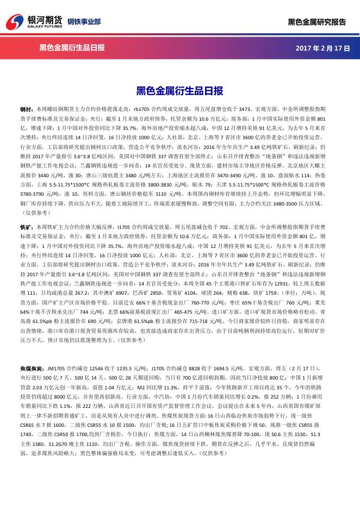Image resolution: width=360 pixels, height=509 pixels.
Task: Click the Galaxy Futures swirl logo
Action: pos(15,21)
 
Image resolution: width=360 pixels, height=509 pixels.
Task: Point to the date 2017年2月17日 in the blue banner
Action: pos(322,48)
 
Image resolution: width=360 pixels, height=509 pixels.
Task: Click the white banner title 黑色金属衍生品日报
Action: pos(72,48)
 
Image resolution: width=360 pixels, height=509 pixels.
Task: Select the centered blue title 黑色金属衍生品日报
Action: pos(179,91)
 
